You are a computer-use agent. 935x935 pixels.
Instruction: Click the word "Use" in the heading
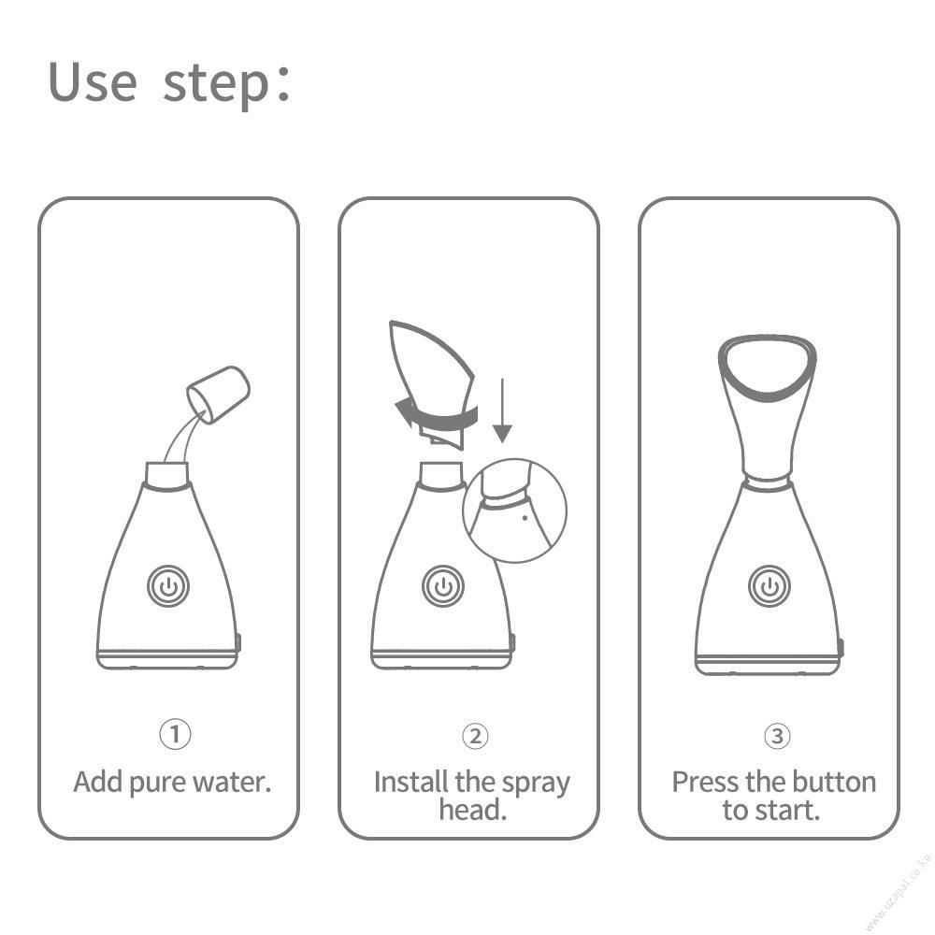coord(93,81)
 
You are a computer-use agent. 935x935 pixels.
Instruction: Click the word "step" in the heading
coord(217,85)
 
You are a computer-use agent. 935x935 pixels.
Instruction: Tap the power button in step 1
coord(168,586)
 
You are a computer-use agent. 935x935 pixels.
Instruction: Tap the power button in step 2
coord(443,586)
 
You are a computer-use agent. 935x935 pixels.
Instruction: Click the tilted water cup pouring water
coord(218,395)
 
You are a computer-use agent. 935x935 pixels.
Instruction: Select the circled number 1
coord(176,734)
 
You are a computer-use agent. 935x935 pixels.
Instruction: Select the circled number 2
coord(475,736)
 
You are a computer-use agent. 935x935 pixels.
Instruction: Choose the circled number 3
coord(778,736)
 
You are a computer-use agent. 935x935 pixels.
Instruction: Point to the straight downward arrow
coord(503,410)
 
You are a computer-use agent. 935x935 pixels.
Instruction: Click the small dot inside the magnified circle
coord(525,518)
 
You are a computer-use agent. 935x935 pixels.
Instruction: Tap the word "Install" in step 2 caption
coord(410,782)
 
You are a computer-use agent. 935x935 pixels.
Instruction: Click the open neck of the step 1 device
coord(167,475)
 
